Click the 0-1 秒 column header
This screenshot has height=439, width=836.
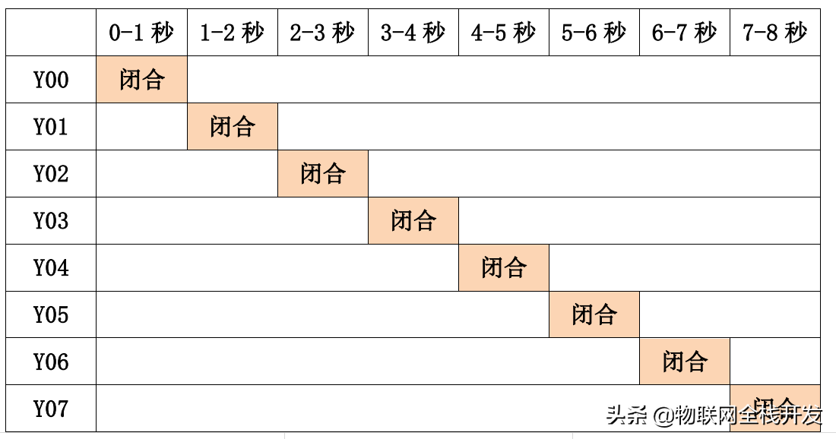click(141, 33)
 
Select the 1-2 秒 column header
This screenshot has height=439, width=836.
click(232, 33)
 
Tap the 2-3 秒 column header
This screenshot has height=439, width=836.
click(322, 33)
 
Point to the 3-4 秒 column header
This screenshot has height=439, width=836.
click(413, 33)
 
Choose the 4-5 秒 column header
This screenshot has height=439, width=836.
click(503, 33)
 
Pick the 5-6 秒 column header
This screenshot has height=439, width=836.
click(594, 33)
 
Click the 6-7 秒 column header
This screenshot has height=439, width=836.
click(684, 33)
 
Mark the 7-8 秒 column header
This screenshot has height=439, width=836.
click(774, 33)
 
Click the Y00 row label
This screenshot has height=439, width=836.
click(51, 80)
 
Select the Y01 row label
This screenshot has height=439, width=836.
click(51, 127)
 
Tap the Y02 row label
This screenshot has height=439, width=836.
click(51, 174)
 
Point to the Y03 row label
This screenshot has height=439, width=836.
click(51, 221)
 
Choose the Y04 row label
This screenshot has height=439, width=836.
click(51, 268)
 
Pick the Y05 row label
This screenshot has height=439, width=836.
click(51, 315)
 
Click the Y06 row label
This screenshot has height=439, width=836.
click(51, 362)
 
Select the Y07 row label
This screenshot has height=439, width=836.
click(51, 409)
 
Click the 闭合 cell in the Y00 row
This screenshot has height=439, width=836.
click(141, 80)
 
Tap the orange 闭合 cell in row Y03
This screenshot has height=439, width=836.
click(413, 221)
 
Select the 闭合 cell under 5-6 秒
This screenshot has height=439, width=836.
click(594, 315)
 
